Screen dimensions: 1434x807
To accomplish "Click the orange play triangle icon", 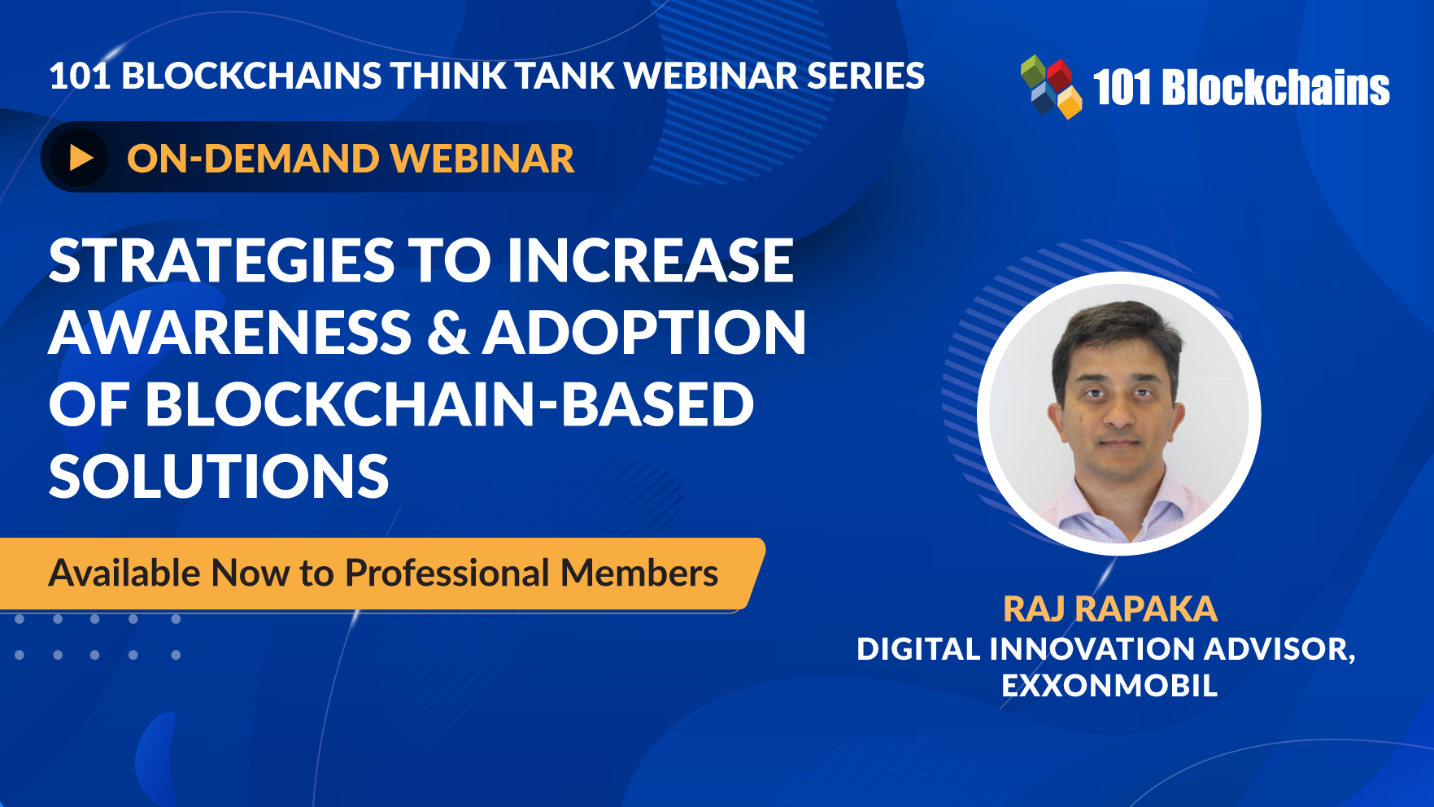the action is click(x=81, y=158).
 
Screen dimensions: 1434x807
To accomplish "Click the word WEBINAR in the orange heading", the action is click(x=483, y=159).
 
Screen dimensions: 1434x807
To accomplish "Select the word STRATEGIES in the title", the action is click(x=221, y=261).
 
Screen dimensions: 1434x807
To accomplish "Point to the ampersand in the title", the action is click(x=448, y=333).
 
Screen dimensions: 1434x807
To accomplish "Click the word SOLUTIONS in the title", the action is click(x=219, y=476).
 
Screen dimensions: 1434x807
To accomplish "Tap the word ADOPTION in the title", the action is click(x=644, y=333).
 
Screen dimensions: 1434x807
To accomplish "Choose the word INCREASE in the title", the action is click(x=650, y=261).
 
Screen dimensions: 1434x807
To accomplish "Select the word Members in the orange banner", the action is click(x=639, y=573).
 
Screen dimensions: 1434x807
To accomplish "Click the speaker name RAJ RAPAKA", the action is click(x=1110, y=609).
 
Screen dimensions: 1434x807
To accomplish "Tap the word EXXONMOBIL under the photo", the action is click(x=1109, y=685).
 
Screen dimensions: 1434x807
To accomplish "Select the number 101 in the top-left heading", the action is click(x=80, y=76).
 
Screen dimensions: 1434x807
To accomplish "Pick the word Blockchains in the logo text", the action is click(x=1276, y=88).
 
